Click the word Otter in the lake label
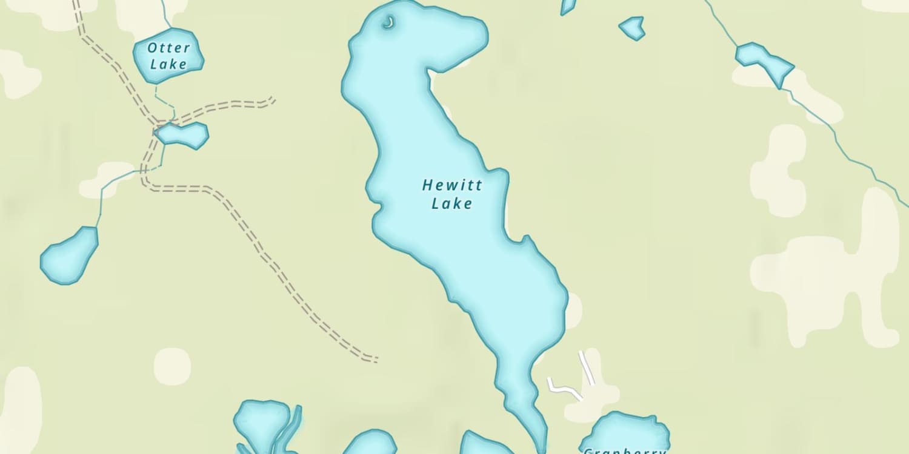(168, 48)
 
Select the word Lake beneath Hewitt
(451, 203)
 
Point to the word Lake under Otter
(168, 64)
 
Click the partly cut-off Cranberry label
(624, 450)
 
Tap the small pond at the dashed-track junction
(184, 135)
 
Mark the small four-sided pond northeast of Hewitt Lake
(632, 27)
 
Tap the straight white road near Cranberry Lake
(586, 367)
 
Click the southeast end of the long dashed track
(375, 360)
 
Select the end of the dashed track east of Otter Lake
(273, 99)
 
